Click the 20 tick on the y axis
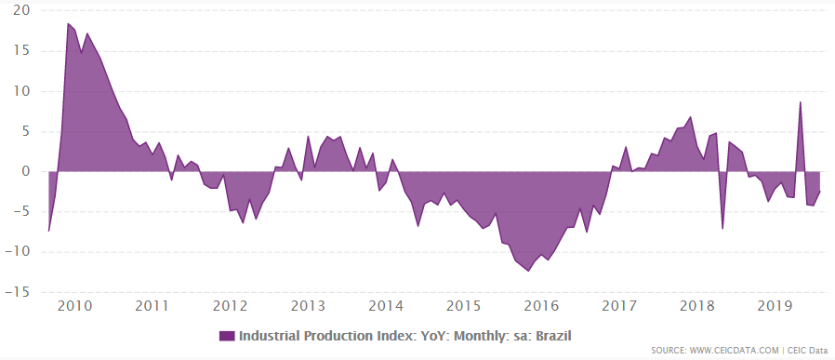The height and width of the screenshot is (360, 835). [x=20, y=11]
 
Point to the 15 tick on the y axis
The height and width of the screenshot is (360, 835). [x=20, y=51]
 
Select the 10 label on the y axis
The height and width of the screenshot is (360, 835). [x=20, y=91]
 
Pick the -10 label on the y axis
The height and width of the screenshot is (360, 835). [x=18, y=251]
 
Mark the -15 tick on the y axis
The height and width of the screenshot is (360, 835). [x=18, y=291]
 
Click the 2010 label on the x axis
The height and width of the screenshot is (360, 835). [x=73, y=306]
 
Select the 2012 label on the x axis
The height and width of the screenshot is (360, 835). [x=230, y=306]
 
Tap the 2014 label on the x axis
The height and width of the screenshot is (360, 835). [x=385, y=306]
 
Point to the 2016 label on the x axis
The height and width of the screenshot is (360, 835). [x=541, y=306]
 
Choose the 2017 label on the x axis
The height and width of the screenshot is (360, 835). [x=619, y=306]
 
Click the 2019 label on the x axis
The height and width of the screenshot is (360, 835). [x=775, y=306]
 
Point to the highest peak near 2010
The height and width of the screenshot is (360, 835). [x=68, y=23]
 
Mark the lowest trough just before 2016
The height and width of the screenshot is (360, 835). [x=528, y=271]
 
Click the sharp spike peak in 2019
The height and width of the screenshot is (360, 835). [x=801, y=101]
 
